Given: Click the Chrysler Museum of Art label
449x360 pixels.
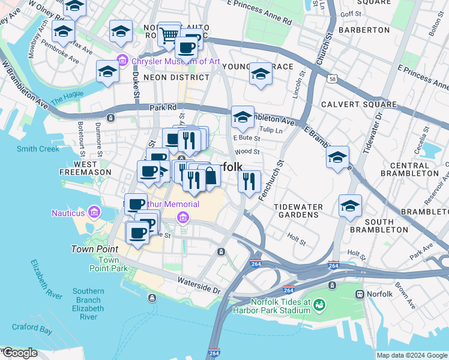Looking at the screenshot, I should (169, 61).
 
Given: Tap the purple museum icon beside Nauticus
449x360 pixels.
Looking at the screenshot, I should (93, 212).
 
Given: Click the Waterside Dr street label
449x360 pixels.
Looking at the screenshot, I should (200, 285).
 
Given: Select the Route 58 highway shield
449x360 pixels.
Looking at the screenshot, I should (332, 79).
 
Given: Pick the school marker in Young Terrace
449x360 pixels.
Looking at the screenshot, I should (261, 74).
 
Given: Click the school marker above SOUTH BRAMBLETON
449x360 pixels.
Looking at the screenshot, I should (350, 206).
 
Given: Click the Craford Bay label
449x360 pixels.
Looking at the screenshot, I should (31, 328).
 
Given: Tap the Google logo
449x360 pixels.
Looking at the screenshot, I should (19, 353).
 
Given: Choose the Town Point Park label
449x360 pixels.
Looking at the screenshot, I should (109, 264).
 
